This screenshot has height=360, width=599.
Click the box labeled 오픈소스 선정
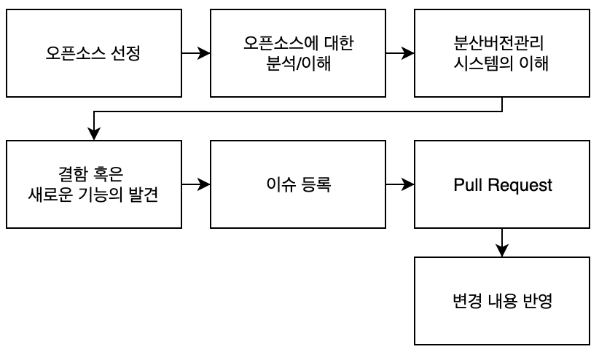click(x=94, y=53)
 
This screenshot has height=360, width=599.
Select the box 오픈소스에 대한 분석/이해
click(x=298, y=53)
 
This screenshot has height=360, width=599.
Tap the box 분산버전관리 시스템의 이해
click(x=502, y=53)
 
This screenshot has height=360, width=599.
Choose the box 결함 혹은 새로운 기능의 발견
click(x=94, y=184)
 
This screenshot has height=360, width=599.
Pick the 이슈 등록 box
click(x=298, y=184)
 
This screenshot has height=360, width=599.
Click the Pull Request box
click(x=502, y=184)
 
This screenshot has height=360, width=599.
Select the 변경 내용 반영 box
click(x=502, y=301)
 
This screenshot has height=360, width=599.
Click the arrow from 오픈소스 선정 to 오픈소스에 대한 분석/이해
click(x=196, y=53)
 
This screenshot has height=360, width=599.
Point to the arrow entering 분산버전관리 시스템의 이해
click(x=400, y=53)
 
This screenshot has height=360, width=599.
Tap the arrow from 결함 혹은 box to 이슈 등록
click(x=196, y=184)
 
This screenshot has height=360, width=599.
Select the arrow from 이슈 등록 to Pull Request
click(x=400, y=184)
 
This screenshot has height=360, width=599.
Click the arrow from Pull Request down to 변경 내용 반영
click(x=502, y=243)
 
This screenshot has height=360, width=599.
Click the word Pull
click(x=467, y=185)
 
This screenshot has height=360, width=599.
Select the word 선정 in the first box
click(x=126, y=54)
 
